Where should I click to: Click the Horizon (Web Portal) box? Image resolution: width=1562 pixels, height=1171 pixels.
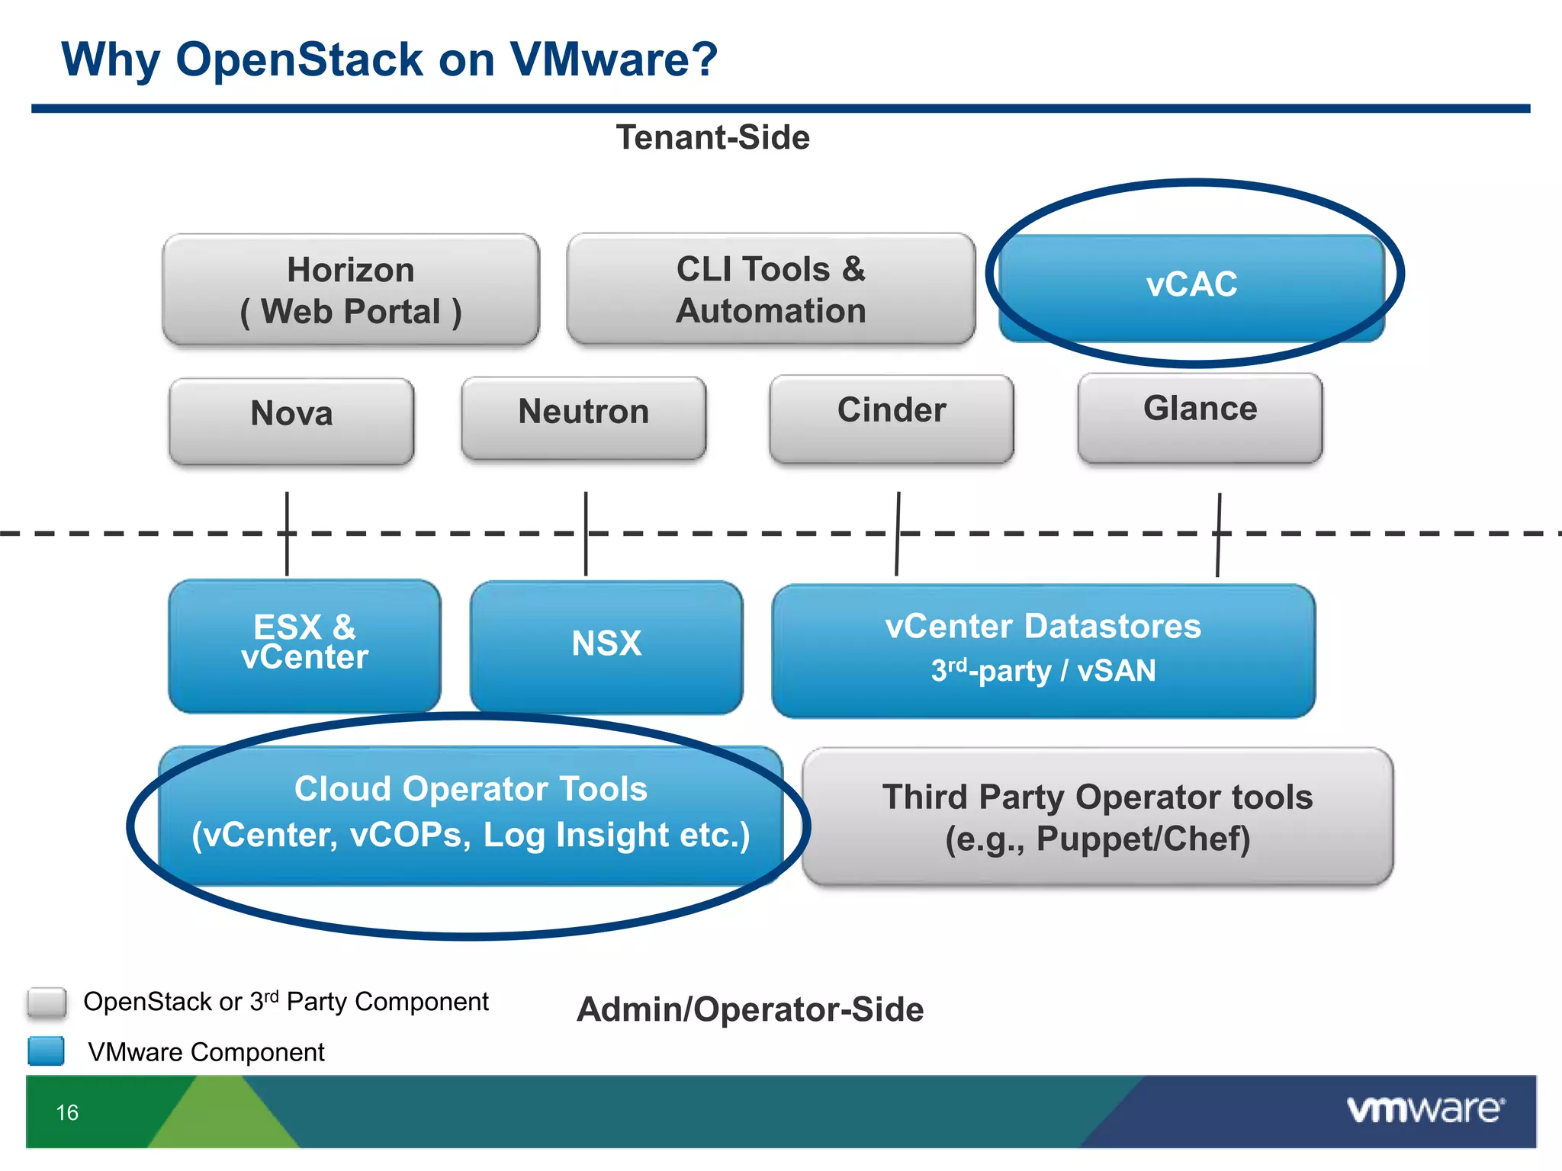click(x=351, y=290)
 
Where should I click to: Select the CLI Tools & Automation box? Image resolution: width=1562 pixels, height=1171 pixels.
click(x=770, y=290)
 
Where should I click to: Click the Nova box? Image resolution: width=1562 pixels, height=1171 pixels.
click(x=291, y=420)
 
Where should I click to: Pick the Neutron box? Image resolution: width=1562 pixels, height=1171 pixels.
click(x=583, y=417)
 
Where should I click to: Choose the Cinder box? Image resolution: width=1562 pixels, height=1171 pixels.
click(x=892, y=418)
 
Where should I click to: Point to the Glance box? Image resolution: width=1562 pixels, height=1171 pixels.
click(x=1200, y=417)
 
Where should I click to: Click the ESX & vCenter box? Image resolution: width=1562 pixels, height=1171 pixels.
click(x=304, y=645)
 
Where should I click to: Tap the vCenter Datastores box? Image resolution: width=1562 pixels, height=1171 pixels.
click(x=1043, y=650)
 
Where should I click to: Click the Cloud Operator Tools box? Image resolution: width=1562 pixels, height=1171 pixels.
click(x=471, y=814)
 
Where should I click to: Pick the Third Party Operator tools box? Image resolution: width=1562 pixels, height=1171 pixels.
click(x=1098, y=816)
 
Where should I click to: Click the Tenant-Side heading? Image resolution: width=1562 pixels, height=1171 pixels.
click(x=712, y=138)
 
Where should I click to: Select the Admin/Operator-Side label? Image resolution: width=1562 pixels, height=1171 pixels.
click(x=750, y=1009)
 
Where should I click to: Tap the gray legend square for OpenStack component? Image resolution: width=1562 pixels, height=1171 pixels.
click(x=47, y=1003)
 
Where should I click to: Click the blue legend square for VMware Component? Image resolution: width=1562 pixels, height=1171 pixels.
click(x=47, y=1051)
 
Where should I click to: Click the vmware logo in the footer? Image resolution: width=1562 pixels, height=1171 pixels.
click(x=1425, y=1109)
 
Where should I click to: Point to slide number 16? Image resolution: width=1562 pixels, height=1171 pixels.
click(x=67, y=1112)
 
